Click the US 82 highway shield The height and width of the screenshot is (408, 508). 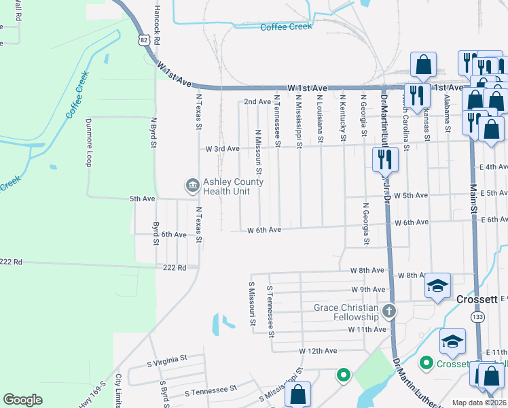(143, 41)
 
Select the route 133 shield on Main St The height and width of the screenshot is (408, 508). (479, 318)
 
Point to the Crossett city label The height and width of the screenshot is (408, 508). (477, 299)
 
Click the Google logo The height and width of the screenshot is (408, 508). (22, 400)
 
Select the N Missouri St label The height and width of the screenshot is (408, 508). (258, 151)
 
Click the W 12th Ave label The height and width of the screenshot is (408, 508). (318, 351)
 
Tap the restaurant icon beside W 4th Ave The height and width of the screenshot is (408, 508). (384, 160)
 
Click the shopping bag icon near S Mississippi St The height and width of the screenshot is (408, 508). (297, 394)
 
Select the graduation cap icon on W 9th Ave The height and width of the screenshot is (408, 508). (438, 286)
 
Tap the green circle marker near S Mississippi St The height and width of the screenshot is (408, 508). (344, 374)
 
